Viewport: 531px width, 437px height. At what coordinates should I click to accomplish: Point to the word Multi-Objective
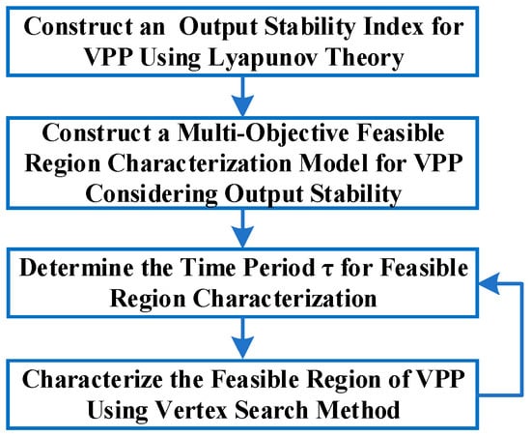tap(264, 133)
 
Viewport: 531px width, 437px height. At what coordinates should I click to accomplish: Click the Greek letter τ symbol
tap(328, 270)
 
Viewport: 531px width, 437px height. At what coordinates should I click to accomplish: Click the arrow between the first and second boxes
tap(242, 96)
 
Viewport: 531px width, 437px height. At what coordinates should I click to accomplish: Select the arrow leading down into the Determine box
tap(242, 228)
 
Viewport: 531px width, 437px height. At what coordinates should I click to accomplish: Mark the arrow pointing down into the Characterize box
tap(242, 337)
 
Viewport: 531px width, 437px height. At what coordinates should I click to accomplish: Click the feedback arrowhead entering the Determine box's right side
tap(489, 283)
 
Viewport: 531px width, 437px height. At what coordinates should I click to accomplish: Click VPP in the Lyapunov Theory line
tap(108, 58)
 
